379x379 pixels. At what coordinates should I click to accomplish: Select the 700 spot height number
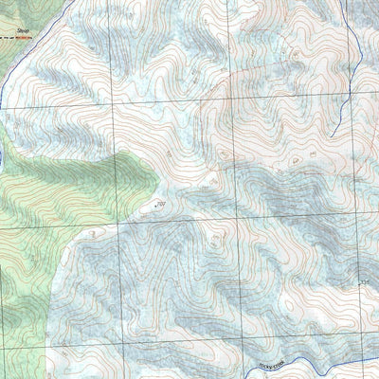(160, 202)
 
